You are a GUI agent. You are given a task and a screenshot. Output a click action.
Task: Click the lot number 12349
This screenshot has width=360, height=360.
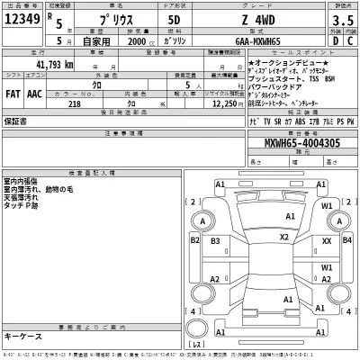click(22, 17)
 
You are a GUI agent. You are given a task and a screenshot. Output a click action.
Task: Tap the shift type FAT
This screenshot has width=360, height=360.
click(13, 93)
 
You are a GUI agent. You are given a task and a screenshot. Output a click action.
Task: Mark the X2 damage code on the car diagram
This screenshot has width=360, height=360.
click(284, 238)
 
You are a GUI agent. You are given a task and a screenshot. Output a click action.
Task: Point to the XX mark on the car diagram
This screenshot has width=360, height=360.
click(327, 242)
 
